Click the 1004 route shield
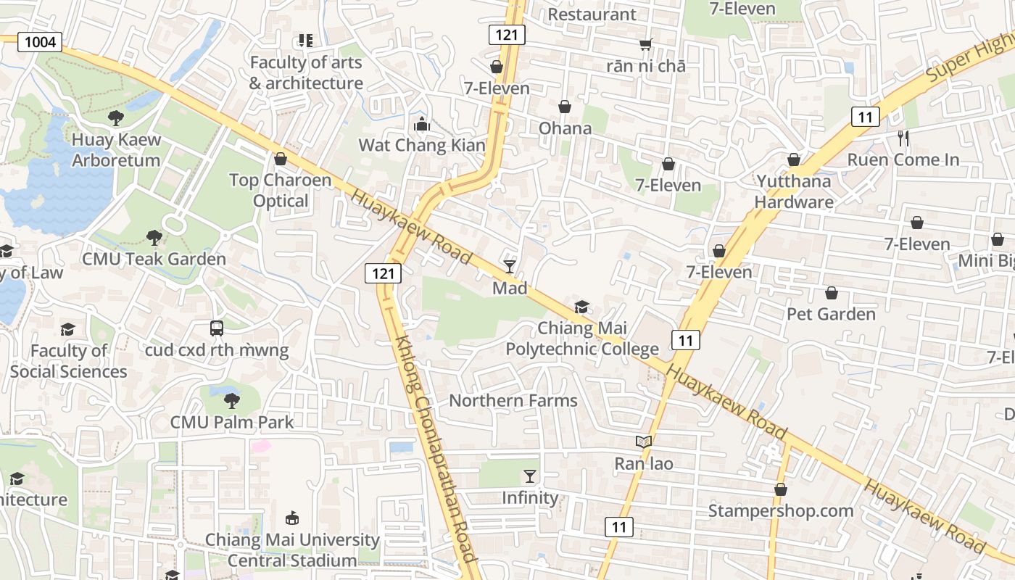pos(40,42)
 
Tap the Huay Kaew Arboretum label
pos(116,150)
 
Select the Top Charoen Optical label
pos(281,190)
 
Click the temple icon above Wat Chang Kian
pos(421,125)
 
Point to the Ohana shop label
pos(565,128)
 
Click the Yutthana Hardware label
pos(794,191)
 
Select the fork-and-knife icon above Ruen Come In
pos(903,138)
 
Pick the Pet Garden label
pos(831,314)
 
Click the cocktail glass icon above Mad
pos(510,267)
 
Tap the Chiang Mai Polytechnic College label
pos(582,339)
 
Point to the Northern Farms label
pos(513,400)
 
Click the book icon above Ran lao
pos(643,442)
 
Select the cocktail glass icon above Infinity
pos(530,476)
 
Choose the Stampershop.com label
pos(781,510)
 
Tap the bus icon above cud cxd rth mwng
pos(217,328)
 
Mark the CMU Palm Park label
pos(232,422)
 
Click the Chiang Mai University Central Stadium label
pos(292,550)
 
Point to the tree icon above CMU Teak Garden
pos(154,237)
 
